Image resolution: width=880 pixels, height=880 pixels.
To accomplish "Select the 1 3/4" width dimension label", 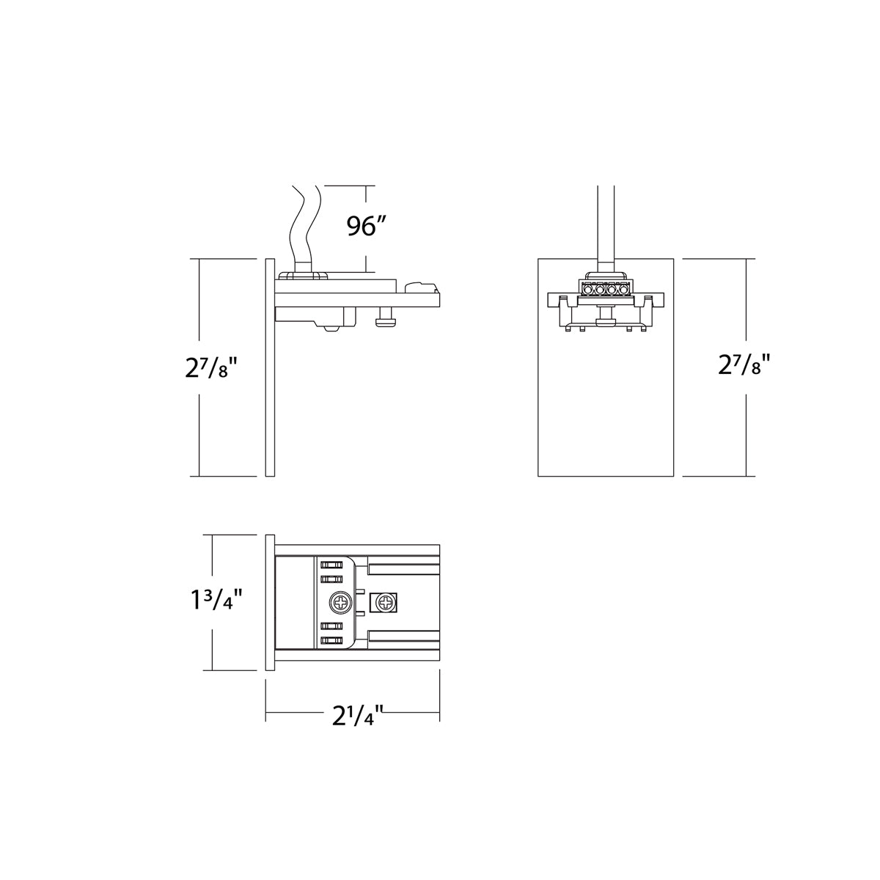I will click(213, 603).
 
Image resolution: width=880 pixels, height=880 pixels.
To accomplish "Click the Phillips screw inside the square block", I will click(384, 604).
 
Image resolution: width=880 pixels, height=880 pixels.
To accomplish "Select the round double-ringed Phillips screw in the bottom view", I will click(340, 604).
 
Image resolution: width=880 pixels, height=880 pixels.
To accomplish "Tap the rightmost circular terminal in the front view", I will click(624, 289).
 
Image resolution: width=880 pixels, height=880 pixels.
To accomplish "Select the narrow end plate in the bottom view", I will click(269, 603).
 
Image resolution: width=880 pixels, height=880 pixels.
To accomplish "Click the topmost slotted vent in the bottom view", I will click(332, 565).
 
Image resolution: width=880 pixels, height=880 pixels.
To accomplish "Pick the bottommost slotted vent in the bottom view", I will click(332, 642).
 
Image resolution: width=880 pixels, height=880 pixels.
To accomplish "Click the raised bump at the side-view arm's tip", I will click(418, 284).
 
